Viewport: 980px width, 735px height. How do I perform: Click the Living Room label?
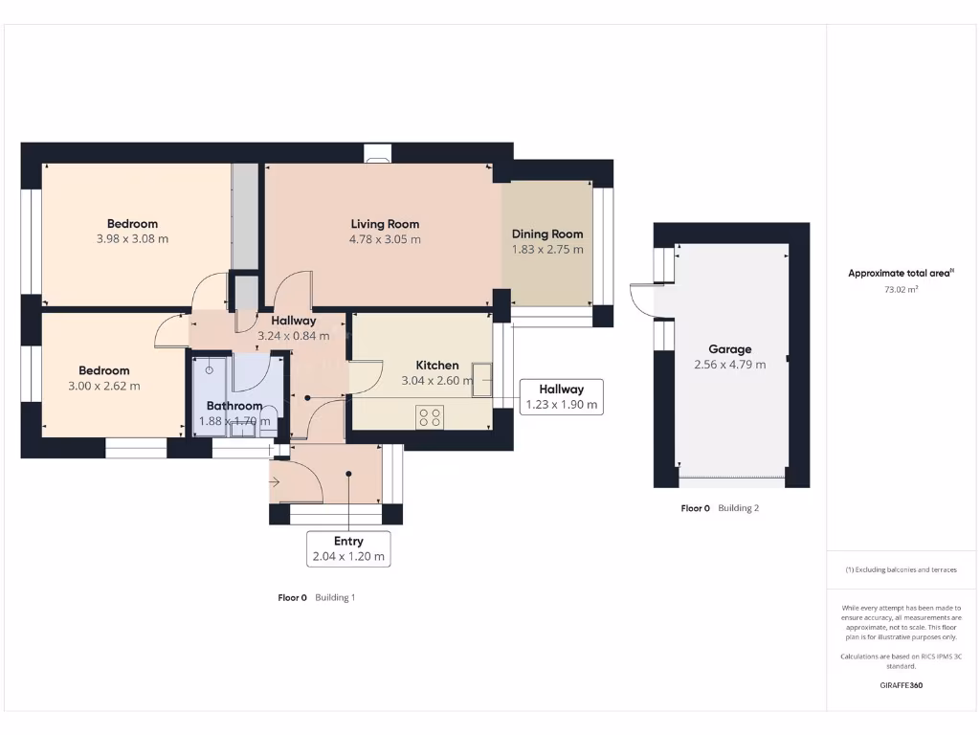(x=385, y=224)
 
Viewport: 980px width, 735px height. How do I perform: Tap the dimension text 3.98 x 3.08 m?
(x=132, y=239)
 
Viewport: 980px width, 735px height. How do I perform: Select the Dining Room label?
(x=546, y=234)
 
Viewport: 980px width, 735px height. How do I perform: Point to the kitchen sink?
(x=480, y=379)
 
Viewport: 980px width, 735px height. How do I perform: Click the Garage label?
(x=729, y=349)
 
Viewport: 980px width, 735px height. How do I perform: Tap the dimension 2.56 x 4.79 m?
(x=729, y=365)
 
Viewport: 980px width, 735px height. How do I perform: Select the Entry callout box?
(x=348, y=548)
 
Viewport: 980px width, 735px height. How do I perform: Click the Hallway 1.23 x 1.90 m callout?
(x=561, y=396)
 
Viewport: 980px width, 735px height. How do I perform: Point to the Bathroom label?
(x=234, y=406)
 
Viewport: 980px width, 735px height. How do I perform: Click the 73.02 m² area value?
(x=901, y=288)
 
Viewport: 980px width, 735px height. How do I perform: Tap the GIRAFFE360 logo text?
(x=901, y=685)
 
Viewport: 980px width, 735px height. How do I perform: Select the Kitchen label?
(x=436, y=365)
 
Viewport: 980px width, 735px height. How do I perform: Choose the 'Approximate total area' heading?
(x=900, y=273)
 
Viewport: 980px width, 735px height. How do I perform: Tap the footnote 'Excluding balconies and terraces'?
(x=901, y=569)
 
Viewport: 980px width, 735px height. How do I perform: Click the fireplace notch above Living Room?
(x=378, y=152)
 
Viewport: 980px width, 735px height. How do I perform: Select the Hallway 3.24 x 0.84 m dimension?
(x=293, y=336)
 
